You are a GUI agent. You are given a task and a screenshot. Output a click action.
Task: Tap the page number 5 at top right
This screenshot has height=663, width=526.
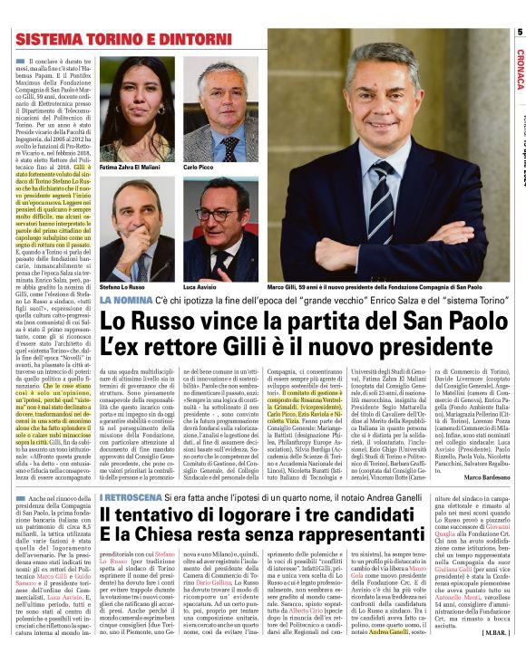[520, 33]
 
